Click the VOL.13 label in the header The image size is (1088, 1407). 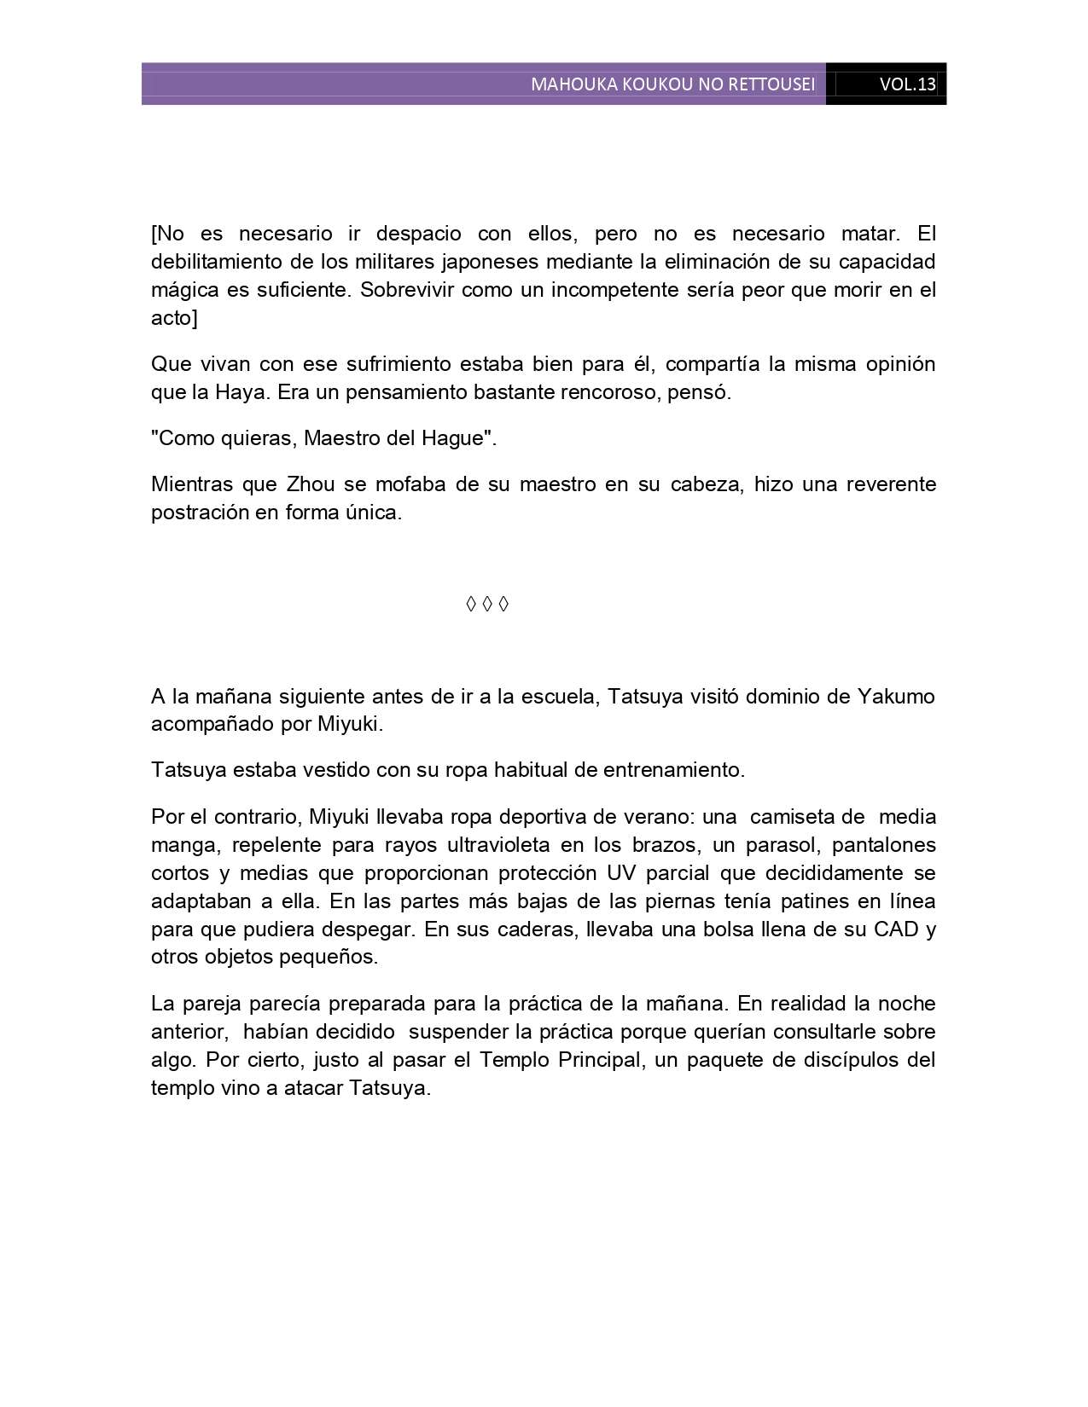click(907, 84)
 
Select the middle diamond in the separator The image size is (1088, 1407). click(487, 604)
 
